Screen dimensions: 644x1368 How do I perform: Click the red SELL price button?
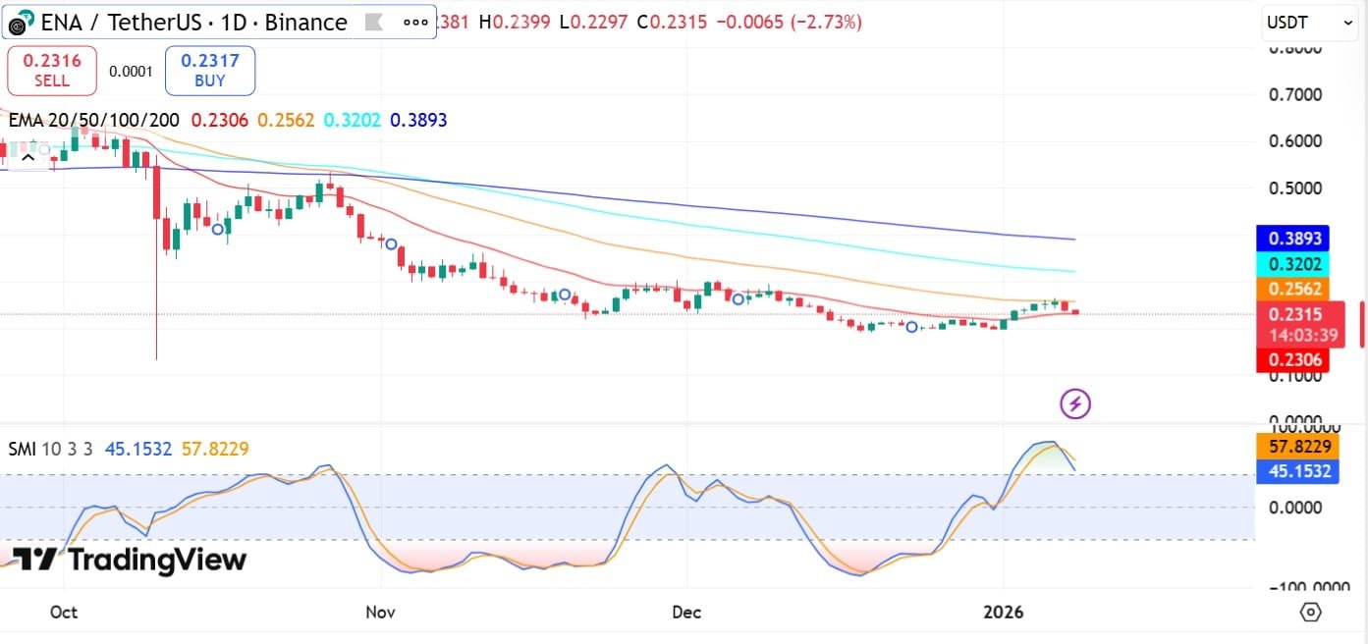(x=52, y=70)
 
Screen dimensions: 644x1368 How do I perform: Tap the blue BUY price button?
(x=209, y=70)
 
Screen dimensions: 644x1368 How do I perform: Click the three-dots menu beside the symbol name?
(x=415, y=22)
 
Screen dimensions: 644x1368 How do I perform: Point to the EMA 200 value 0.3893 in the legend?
(x=418, y=121)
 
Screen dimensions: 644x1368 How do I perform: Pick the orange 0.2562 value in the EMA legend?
(x=286, y=121)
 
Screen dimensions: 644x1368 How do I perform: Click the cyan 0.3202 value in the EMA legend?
(x=352, y=121)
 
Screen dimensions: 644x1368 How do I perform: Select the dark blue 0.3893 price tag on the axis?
(x=1292, y=239)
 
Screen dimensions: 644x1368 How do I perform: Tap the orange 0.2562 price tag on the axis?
(x=1292, y=289)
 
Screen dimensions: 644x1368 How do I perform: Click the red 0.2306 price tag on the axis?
(x=1292, y=360)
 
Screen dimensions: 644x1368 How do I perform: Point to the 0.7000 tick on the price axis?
(x=1293, y=95)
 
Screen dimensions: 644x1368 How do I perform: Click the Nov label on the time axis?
(x=380, y=613)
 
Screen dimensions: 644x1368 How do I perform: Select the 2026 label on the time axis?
(x=1004, y=613)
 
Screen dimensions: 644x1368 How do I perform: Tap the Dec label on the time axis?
(x=686, y=613)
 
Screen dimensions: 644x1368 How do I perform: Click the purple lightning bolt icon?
(x=1075, y=402)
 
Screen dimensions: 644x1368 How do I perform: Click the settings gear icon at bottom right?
(x=1310, y=612)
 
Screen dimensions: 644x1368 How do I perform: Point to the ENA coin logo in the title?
(x=22, y=23)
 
